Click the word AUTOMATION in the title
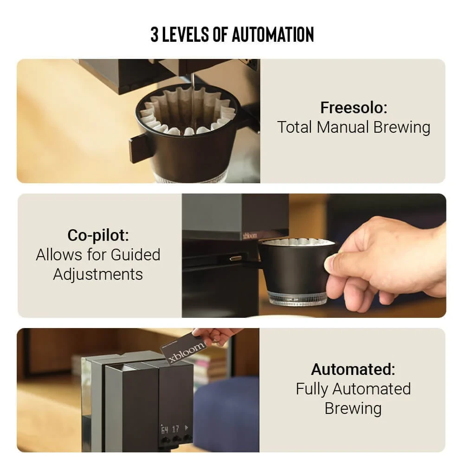point(272,34)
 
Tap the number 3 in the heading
point(155,34)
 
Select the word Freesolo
point(354,108)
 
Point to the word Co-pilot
point(98,236)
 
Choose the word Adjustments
point(98,275)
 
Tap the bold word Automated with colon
point(353,369)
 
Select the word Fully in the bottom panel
point(312,389)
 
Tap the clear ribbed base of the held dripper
point(297,298)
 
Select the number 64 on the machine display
point(164,430)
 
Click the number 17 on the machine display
point(175,429)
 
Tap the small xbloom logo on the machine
point(250,236)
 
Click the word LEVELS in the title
point(186,34)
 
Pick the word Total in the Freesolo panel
point(295,127)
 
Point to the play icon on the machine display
point(186,428)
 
